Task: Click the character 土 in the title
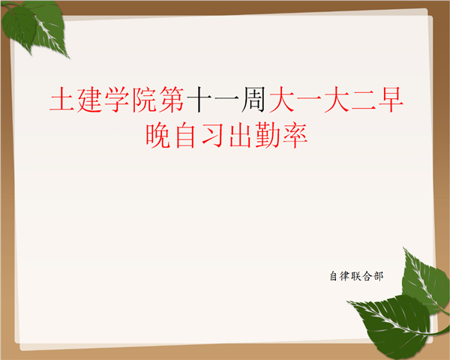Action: [x=62, y=100]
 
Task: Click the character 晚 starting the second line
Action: [x=159, y=136]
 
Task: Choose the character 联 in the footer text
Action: [x=356, y=276]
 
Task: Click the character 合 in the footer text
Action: [x=367, y=276]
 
